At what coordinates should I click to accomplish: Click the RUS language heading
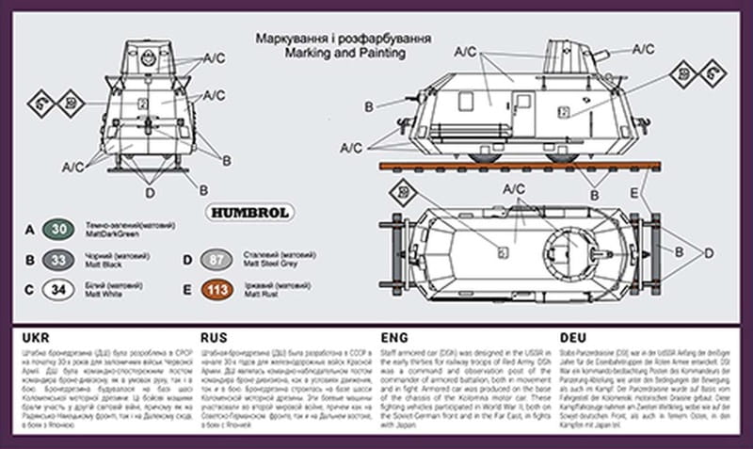pyautogui.click(x=215, y=337)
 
